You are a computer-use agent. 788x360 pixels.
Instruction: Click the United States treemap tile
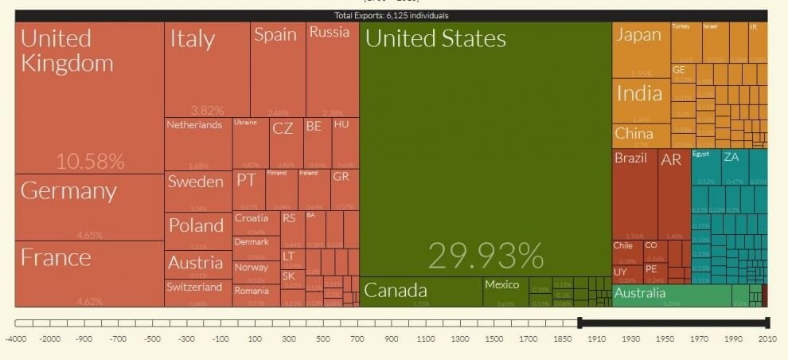pos(486,143)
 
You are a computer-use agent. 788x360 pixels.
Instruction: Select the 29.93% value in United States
pos(486,256)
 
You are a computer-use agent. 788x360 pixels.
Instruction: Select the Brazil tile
pos(634,191)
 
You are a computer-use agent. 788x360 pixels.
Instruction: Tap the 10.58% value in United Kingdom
pos(90,161)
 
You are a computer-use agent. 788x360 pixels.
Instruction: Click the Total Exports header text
pos(391,15)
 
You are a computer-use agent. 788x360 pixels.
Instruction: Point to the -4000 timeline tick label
pos(16,339)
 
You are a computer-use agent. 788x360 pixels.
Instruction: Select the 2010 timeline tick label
pos(767,339)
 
